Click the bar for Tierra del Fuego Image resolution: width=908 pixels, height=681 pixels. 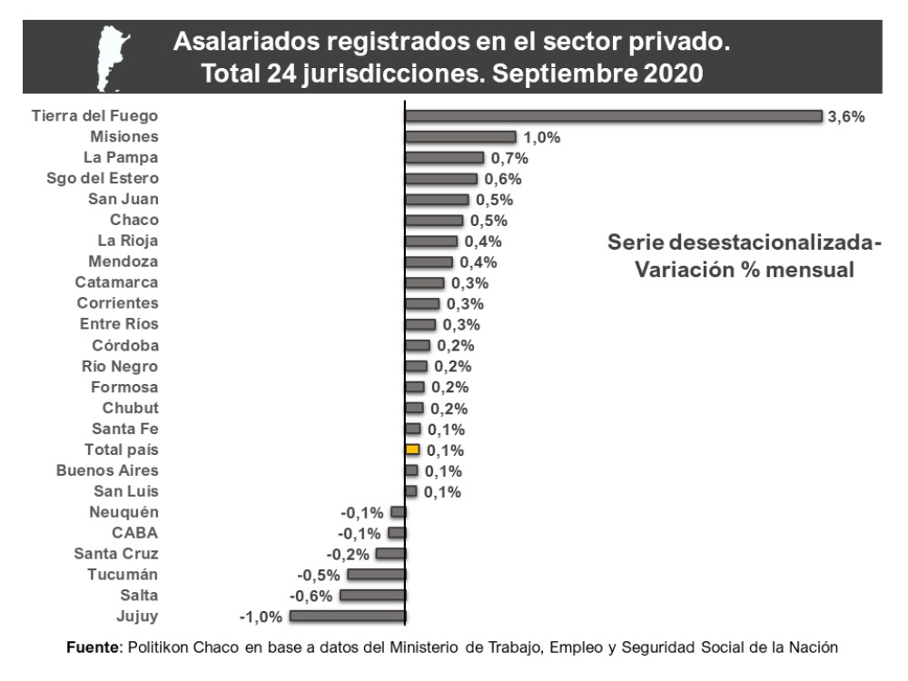(613, 116)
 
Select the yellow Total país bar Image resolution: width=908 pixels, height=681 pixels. (412, 449)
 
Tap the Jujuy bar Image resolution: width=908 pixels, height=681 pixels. (347, 617)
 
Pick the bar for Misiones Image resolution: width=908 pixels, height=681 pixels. (460, 137)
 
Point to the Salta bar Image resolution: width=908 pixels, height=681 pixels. (372, 596)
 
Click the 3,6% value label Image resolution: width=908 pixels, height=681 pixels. (846, 116)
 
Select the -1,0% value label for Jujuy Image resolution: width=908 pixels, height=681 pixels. (261, 617)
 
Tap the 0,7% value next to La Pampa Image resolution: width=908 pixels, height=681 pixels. (509, 158)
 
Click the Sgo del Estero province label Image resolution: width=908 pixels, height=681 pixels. (103, 178)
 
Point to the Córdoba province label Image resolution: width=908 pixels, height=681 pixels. (125, 345)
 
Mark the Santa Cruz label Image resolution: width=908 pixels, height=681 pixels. (116, 554)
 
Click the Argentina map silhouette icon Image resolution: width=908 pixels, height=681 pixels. (113, 55)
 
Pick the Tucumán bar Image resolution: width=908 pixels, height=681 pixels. (376, 575)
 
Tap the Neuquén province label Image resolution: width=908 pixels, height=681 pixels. (125, 512)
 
